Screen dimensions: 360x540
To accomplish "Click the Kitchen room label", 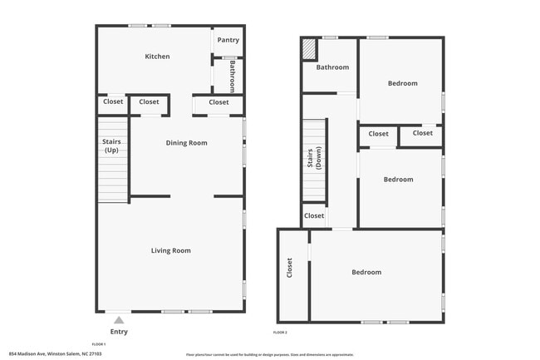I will (x=157, y=57).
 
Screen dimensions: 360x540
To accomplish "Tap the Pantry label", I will (x=228, y=40).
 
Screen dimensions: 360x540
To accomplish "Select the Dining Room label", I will (x=186, y=143).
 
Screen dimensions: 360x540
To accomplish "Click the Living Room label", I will (x=170, y=250).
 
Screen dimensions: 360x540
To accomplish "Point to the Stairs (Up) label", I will (x=110, y=146).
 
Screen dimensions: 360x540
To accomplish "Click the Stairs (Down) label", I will (x=313, y=159).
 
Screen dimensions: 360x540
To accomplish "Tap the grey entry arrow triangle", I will (x=119, y=319).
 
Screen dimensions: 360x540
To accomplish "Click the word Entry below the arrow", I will (x=119, y=331).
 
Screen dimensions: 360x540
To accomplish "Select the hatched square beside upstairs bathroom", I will (x=309, y=49).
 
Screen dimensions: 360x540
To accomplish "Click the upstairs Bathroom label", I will (x=331, y=67).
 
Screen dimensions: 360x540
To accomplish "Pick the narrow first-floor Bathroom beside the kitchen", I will (x=233, y=76).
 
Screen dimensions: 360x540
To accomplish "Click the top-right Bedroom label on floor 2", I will (x=401, y=83).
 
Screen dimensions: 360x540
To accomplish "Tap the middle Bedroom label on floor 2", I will (x=398, y=180).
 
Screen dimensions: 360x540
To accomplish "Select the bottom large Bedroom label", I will (x=366, y=272).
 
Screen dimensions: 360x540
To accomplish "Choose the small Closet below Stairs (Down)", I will (x=314, y=216).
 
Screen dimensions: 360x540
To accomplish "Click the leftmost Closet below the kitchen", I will (x=112, y=102).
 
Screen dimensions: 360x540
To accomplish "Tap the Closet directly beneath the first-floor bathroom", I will (x=218, y=102).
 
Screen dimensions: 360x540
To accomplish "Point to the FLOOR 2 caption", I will (x=280, y=333).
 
